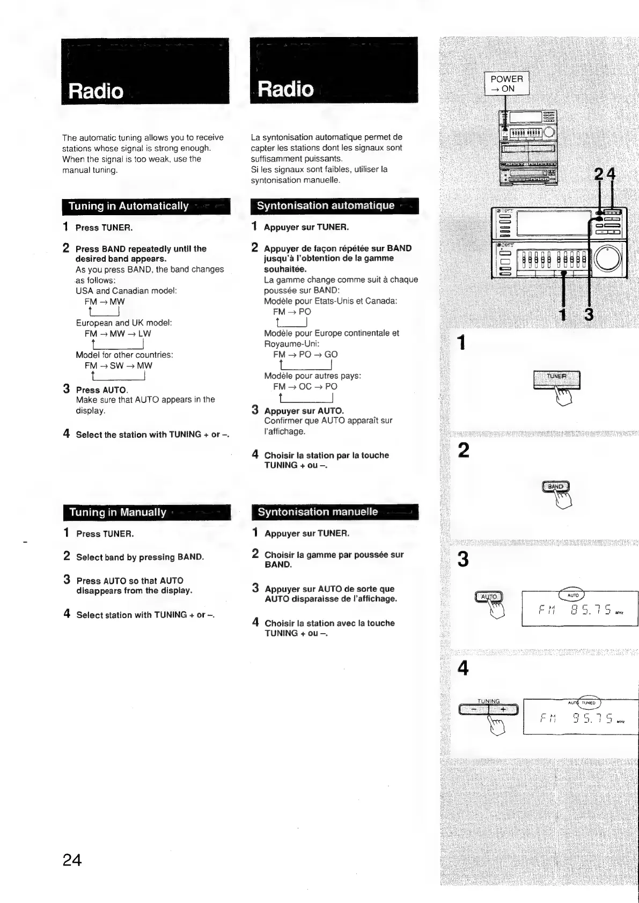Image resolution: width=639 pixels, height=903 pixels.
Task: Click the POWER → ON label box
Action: (506, 84)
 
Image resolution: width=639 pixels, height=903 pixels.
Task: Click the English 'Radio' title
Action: (96, 91)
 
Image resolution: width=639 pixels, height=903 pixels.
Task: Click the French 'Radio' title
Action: (285, 89)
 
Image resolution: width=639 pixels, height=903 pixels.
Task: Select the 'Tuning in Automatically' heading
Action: (129, 206)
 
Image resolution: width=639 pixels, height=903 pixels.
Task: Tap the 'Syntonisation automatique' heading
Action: (325, 205)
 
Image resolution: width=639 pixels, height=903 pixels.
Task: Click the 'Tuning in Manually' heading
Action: (117, 512)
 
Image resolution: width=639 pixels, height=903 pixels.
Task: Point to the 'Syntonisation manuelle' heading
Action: (318, 512)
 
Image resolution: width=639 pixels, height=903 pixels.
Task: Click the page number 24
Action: (72, 860)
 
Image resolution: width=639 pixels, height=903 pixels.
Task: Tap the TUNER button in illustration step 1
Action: (556, 377)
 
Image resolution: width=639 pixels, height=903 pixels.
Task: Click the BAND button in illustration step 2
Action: (555, 487)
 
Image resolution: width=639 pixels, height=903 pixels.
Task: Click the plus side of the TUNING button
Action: (504, 710)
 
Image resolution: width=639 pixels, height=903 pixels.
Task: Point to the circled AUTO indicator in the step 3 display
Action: (572, 595)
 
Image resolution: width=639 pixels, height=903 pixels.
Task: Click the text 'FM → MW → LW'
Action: (117, 334)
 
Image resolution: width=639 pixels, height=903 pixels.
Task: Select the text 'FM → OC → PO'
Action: (305, 386)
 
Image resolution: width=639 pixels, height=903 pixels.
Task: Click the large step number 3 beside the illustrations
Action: (463, 560)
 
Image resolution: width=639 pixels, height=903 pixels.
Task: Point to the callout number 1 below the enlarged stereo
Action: (562, 315)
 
